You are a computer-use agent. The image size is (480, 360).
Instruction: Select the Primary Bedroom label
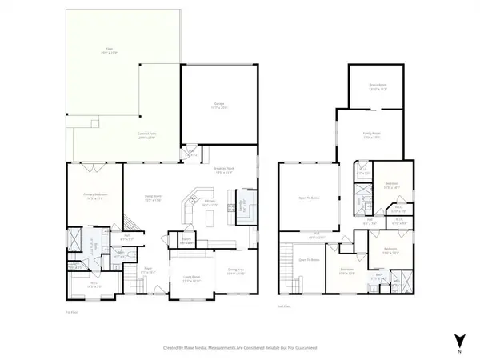point(94,194)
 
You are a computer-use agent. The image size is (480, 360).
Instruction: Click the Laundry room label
point(241,203)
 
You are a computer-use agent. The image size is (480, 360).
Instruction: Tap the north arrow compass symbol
point(458,338)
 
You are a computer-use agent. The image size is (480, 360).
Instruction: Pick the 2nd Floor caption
point(282,306)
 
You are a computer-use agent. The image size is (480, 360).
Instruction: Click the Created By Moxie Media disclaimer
point(240,348)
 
